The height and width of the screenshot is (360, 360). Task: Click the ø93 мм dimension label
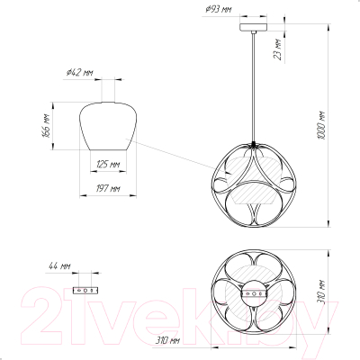coord(219,10)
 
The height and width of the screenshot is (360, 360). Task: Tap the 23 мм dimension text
coord(279,49)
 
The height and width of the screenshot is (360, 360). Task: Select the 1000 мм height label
coord(321,125)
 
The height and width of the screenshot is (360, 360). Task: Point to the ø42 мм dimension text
coord(80,72)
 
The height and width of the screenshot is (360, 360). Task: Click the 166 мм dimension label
coord(46,126)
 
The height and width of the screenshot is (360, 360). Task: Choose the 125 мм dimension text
coord(108,164)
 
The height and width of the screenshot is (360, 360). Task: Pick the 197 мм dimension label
coord(108,188)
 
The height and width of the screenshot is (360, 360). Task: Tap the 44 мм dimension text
coord(59,266)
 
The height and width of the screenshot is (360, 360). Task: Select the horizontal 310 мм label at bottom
coord(167,341)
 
